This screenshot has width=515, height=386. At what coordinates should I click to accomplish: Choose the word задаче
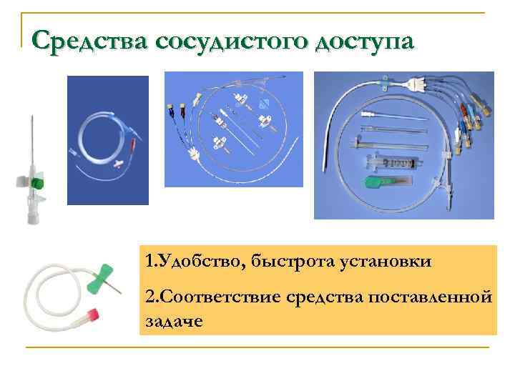click(174, 321)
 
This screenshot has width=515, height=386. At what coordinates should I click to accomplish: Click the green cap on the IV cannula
click(38, 184)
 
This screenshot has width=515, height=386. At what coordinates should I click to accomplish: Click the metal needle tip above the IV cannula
click(31, 122)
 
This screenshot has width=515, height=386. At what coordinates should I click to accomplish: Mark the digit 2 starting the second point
click(149, 296)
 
